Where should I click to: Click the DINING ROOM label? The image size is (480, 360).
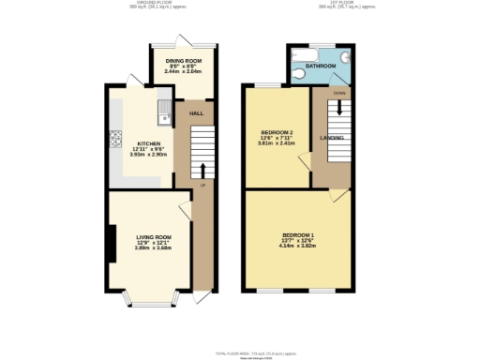(x=183, y=59)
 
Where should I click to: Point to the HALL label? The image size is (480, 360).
(x=196, y=113)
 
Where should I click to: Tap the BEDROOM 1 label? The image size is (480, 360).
(x=299, y=233)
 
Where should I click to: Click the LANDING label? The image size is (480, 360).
(x=331, y=138)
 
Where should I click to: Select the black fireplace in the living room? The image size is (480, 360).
(x=112, y=243)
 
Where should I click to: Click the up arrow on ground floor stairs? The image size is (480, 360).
(x=201, y=171)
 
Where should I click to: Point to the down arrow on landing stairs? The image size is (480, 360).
(x=338, y=110)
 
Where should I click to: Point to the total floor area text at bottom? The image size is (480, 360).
(x=240, y=352)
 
